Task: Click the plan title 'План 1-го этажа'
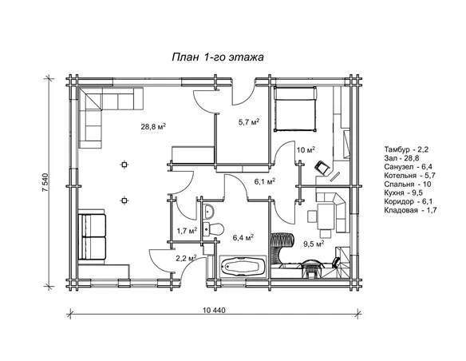(x=218, y=57)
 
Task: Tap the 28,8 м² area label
(x=153, y=127)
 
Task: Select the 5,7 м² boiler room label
(x=249, y=121)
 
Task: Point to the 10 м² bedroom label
(x=306, y=150)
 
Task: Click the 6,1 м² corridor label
(x=264, y=181)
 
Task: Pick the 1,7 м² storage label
(x=188, y=231)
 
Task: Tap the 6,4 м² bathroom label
(x=243, y=237)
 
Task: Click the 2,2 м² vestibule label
(x=187, y=258)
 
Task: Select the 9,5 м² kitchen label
(x=314, y=244)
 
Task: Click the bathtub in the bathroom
(x=243, y=267)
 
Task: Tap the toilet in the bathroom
(x=213, y=229)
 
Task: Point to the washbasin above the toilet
(x=209, y=212)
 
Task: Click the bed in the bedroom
(x=295, y=109)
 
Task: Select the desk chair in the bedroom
(x=322, y=168)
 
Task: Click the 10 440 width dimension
(x=215, y=311)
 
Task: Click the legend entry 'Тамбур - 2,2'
(x=406, y=149)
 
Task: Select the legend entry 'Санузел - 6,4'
(x=408, y=167)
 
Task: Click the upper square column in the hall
(x=124, y=165)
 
